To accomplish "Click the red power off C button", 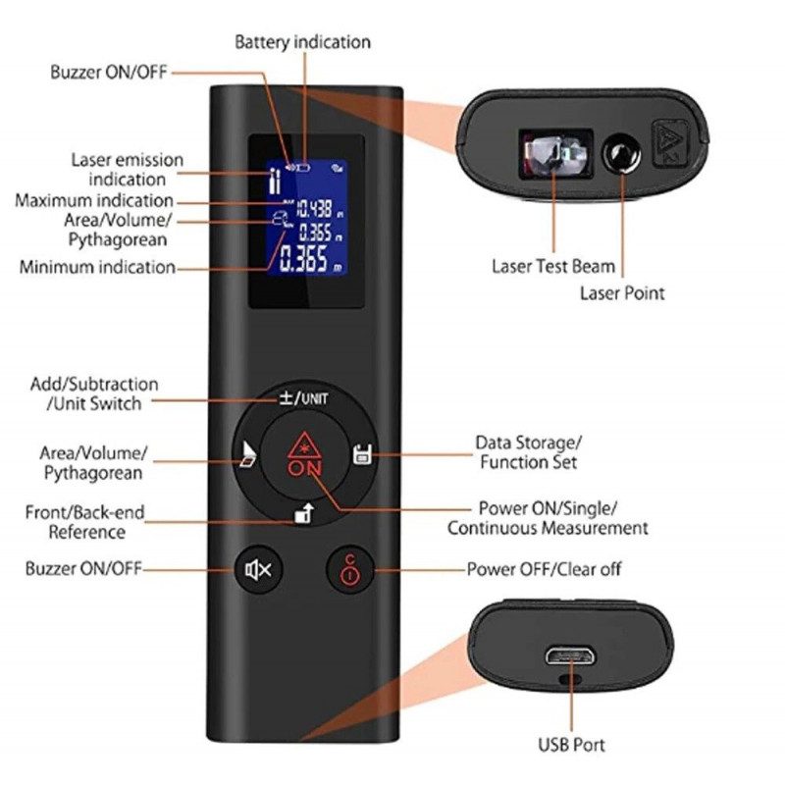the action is [350, 569].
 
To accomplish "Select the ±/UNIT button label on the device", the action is [304, 398].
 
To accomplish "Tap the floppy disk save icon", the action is [362, 453].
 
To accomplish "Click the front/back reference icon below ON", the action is [304, 513].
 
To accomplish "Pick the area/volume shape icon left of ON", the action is [248, 454].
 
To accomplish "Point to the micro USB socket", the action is [571, 655].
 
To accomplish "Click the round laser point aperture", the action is [621, 152].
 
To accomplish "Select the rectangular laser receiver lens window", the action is [555, 154].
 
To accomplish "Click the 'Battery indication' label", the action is [302, 42].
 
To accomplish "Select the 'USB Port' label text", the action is [571, 745].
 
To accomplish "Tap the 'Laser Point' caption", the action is [622, 292].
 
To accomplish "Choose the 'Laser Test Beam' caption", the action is [553, 266].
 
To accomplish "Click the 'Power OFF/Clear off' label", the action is [544, 569].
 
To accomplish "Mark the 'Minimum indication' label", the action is [97, 267].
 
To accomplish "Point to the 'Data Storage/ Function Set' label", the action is [528, 452].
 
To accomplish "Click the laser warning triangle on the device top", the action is [671, 142].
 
